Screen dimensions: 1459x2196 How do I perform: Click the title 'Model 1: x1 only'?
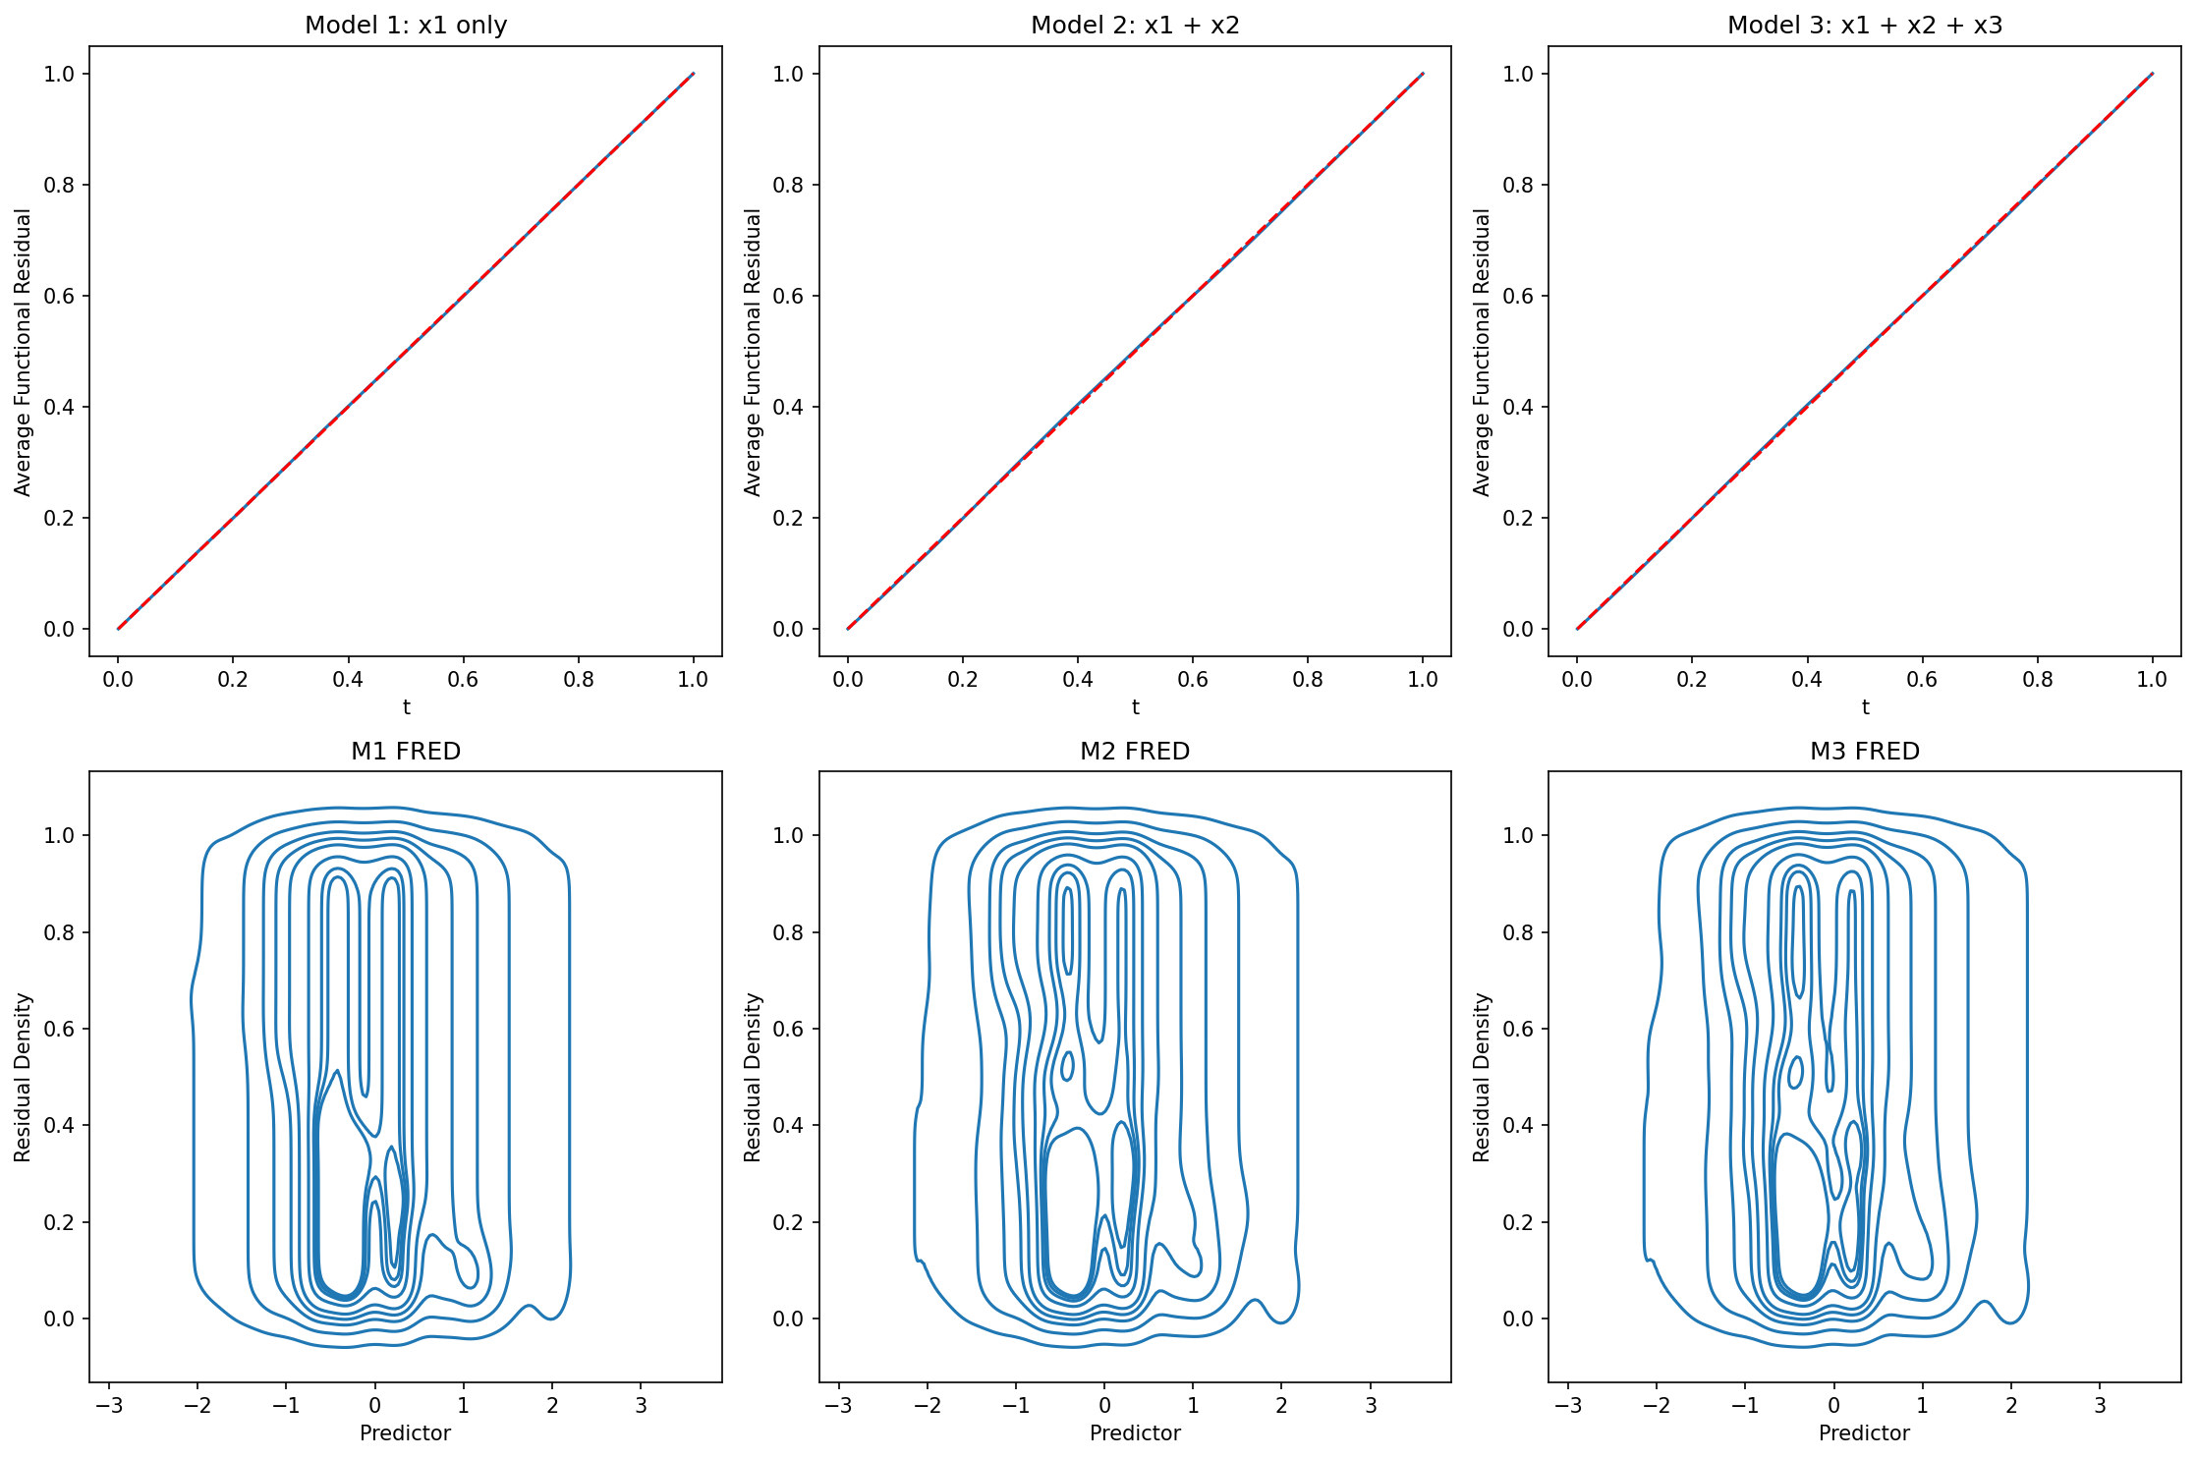pyautogui.click(x=406, y=25)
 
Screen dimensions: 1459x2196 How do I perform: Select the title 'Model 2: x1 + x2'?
pyautogui.click(x=1135, y=25)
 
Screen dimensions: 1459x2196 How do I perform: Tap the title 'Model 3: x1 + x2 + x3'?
pyautogui.click(x=1864, y=25)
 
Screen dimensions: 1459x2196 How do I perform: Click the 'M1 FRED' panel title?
pyautogui.click(x=406, y=751)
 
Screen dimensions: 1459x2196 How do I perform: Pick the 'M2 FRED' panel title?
pyautogui.click(x=1135, y=751)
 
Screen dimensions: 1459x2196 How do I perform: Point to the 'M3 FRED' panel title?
pyautogui.click(x=1864, y=751)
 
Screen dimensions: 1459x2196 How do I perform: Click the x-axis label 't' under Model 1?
pyautogui.click(x=406, y=707)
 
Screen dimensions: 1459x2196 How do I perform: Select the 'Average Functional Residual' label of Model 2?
pyautogui.click(x=753, y=352)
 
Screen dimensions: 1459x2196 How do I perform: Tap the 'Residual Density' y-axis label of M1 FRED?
pyautogui.click(x=24, y=1077)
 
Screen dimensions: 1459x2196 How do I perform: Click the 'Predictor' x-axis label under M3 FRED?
pyautogui.click(x=1864, y=1432)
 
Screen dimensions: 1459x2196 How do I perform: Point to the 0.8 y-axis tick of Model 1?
pyautogui.click(x=59, y=185)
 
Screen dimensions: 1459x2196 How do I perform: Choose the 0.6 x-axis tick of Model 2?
pyautogui.click(x=1192, y=679)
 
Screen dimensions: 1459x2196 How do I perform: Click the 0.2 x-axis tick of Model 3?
pyautogui.click(x=1691, y=679)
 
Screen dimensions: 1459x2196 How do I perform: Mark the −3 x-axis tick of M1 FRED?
pyautogui.click(x=108, y=1405)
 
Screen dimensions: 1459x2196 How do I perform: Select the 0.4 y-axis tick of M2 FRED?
pyautogui.click(x=789, y=1125)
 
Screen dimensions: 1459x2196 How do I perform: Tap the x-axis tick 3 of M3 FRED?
pyautogui.click(x=2100, y=1405)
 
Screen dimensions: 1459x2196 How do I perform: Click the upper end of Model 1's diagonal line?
pyautogui.click(x=693, y=74)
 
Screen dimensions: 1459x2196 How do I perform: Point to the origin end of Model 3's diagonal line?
pyautogui.click(x=1577, y=629)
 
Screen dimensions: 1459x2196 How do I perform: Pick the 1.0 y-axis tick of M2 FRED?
pyautogui.click(x=789, y=835)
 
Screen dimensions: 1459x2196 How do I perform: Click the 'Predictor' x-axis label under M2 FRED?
pyautogui.click(x=1135, y=1432)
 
